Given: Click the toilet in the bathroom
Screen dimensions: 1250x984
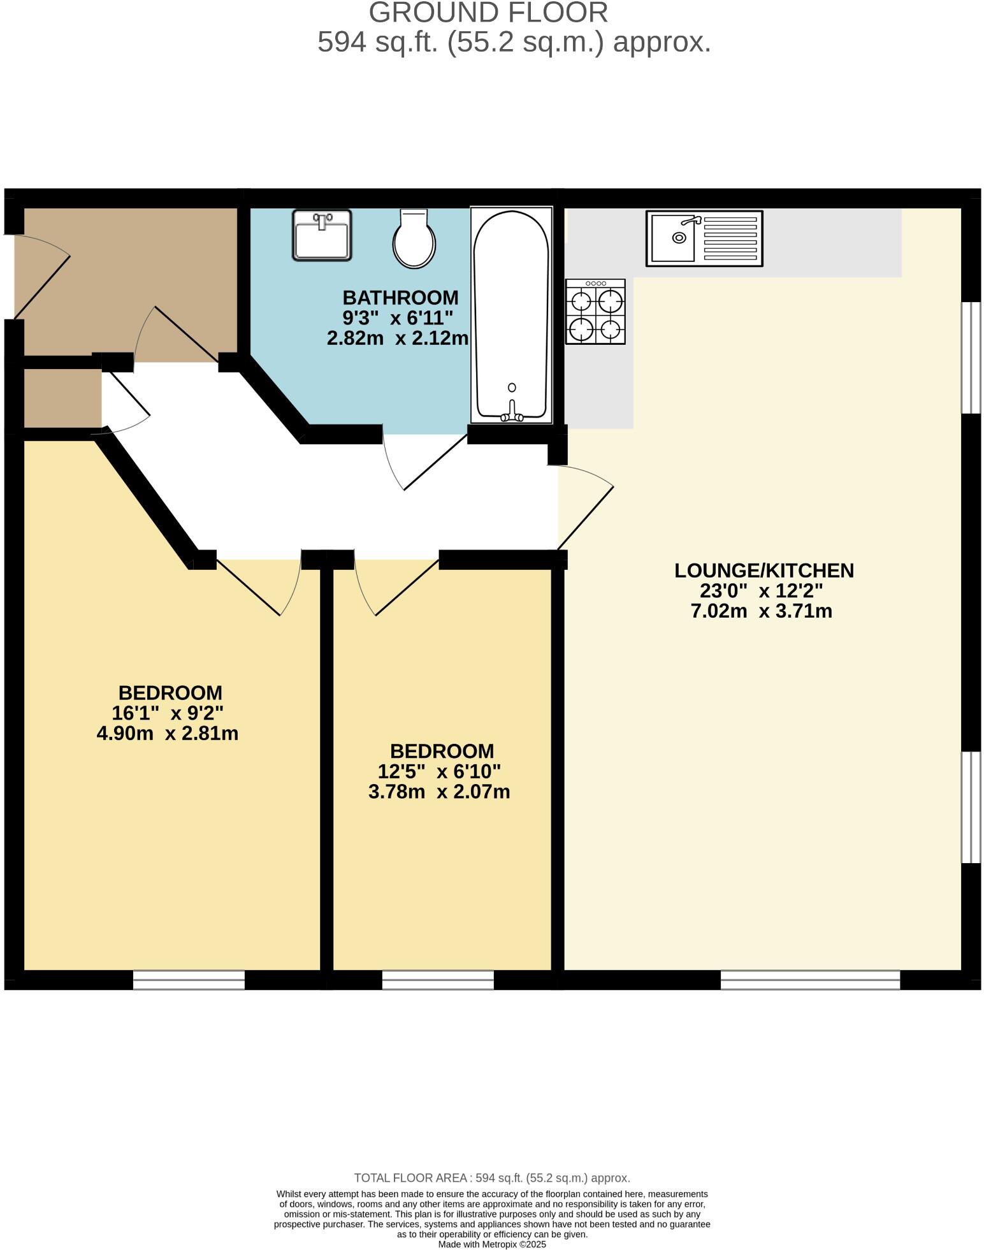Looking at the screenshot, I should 414,239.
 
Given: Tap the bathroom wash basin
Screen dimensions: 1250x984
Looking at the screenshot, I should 322,235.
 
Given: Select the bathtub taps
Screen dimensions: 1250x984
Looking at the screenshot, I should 512,414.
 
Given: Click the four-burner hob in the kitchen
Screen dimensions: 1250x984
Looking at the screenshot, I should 595,312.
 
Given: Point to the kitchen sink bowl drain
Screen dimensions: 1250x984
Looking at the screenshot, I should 679,238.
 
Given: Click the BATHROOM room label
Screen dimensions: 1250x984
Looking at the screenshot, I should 400,298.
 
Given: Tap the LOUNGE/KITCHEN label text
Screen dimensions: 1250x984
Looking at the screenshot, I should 763,570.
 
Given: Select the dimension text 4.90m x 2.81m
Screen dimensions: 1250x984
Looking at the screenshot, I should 167,734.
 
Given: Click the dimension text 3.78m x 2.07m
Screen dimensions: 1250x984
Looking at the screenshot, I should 439,792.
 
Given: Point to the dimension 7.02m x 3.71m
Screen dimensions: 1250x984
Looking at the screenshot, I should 762,611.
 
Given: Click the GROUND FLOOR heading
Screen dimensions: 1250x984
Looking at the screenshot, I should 488,13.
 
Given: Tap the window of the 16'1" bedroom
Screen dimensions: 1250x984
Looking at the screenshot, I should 189,980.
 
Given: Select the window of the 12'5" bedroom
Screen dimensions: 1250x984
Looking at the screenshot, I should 438,980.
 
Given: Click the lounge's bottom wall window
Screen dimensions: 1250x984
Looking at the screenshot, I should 810,980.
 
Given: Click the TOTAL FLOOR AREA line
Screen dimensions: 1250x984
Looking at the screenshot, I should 491,1178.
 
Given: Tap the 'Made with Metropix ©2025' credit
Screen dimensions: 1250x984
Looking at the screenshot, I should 491,1244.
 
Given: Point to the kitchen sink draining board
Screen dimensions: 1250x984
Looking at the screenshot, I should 730,238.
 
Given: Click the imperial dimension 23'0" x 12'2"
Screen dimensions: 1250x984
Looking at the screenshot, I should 762,591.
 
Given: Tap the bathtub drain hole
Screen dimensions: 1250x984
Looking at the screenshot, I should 512,388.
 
